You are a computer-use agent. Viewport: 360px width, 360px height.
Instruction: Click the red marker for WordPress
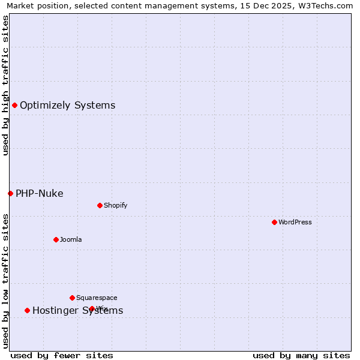tap(274, 222)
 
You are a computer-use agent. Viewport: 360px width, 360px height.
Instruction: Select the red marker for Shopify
tap(100, 205)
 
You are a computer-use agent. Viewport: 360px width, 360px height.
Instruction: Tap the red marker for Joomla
tap(56, 239)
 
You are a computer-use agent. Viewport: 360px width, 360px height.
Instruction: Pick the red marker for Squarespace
tap(72, 298)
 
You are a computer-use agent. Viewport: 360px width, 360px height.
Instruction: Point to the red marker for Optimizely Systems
tap(14, 106)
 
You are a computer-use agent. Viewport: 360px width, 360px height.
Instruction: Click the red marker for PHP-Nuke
tap(10, 193)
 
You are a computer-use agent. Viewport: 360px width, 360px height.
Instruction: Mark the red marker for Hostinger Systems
tap(27, 310)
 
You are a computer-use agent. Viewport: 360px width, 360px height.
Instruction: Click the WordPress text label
tap(295, 222)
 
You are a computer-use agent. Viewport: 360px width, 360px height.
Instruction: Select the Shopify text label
tap(116, 205)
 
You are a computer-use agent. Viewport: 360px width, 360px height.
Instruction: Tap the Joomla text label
tap(71, 239)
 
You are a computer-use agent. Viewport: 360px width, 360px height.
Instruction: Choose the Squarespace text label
tap(97, 298)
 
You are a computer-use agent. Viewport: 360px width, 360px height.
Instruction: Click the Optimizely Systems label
tap(68, 106)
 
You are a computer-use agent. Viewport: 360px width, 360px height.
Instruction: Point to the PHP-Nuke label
tap(40, 193)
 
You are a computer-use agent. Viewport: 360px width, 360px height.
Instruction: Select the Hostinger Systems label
tap(78, 310)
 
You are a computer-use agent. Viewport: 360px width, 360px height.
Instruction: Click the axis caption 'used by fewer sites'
tap(62, 355)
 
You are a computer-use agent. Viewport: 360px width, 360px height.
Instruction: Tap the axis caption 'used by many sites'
tap(301, 355)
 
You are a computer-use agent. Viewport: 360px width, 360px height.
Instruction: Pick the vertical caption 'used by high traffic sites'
tap(5, 85)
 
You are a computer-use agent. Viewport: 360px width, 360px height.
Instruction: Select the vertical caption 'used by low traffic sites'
tap(5, 280)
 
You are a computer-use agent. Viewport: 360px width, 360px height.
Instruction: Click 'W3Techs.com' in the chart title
tap(328, 5)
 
